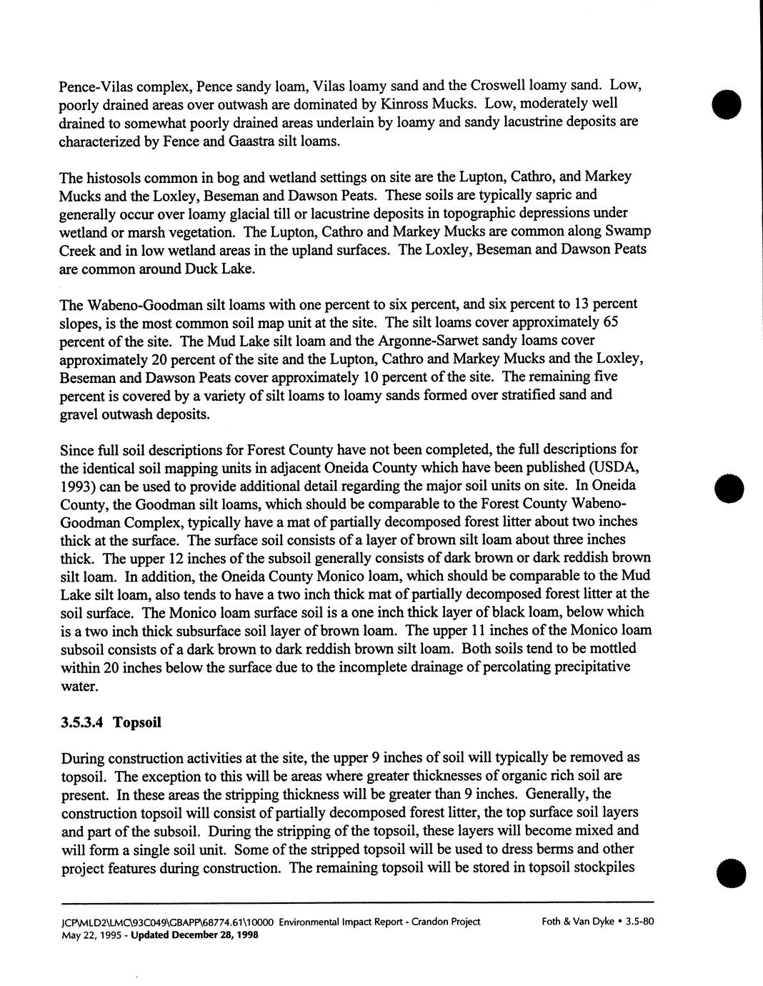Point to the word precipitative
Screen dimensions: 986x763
[x=588, y=667]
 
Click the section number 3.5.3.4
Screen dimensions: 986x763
[x=83, y=722]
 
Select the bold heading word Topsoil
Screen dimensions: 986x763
[x=137, y=722]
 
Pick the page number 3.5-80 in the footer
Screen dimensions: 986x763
[x=639, y=922]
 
